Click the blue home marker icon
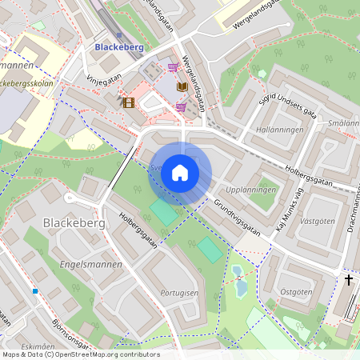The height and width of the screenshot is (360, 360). [x=180, y=173]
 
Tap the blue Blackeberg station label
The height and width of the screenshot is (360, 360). [x=119, y=47]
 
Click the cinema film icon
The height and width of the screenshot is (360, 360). [x=128, y=102]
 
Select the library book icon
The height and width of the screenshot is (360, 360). [x=182, y=86]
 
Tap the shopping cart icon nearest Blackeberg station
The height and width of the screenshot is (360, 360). [x=173, y=68]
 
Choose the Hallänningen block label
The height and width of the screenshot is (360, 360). [x=278, y=129]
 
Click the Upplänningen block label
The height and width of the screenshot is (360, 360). [x=251, y=190]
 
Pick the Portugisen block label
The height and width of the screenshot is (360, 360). [x=178, y=294]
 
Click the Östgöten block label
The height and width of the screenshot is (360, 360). [x=298, y=293]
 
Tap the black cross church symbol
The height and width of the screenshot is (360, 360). [x=348, y=279]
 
